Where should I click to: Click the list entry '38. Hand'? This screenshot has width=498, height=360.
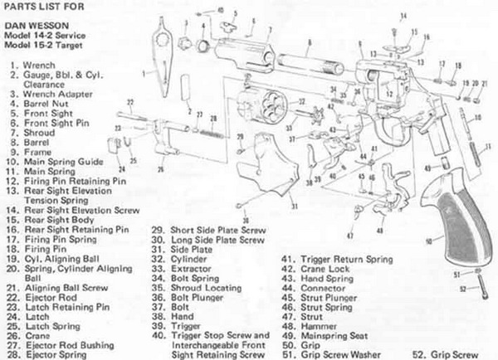click(172, 316)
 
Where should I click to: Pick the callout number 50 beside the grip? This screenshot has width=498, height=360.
click(427, 242)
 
